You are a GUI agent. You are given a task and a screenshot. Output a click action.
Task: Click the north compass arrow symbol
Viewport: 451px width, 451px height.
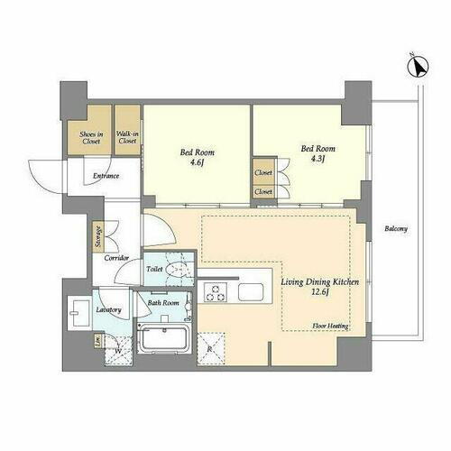[x=413, y=67]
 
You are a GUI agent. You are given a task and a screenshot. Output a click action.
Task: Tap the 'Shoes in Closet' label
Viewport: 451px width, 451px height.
[x=91, y=136]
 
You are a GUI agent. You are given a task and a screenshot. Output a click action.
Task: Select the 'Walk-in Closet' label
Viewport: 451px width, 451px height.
[x=127, y=137]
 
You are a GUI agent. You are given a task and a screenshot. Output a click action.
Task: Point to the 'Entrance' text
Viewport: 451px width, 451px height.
[x=106, y=175]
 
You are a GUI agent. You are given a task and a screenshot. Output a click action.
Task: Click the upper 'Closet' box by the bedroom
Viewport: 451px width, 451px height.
[x=263, y=172]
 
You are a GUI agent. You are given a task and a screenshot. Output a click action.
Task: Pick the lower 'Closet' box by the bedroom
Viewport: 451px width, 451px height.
[x=263, y=191]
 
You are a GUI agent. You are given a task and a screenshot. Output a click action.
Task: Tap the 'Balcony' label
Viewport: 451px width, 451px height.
[x=395, y=228]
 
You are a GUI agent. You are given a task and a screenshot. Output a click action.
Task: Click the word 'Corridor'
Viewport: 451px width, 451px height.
[x=116, y=258]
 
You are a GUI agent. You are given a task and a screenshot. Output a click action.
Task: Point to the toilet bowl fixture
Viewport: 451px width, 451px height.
[x=179, y=269]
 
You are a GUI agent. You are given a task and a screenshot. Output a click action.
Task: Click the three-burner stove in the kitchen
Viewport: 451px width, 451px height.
[x=216, y=291]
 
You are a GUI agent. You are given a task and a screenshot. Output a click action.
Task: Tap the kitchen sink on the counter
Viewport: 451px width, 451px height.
[x=250, y=291]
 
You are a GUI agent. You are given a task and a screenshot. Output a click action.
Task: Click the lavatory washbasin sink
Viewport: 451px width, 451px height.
[x=78, y=312]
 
